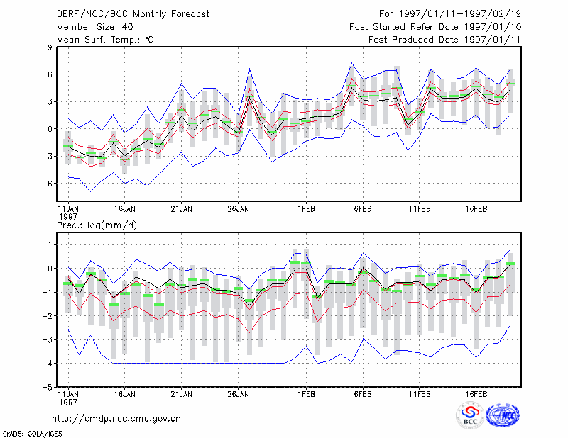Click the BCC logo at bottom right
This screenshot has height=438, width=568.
click(470, 416)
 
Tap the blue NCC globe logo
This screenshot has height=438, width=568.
click(503, 415)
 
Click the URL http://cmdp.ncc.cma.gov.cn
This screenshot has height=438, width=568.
click(116, 419)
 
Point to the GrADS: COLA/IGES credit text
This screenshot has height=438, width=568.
click(32, 433)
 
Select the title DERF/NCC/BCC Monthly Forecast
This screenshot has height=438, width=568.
click(133, 14)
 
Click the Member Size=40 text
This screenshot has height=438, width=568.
click(95, 27)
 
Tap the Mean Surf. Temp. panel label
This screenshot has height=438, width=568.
click(105, 40)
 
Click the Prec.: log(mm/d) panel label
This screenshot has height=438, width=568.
click(97, 225)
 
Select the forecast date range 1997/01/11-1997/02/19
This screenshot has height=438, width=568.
click(450, 14)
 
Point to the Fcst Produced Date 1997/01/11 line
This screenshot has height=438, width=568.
click(444, 40)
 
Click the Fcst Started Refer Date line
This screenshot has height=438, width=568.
click(435, 27)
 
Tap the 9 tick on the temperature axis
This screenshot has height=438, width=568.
click(50, 47)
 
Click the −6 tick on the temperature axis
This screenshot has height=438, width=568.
click(48, 184)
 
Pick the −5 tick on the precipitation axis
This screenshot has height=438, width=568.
click(48, 387)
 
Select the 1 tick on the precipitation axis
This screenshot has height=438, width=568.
click(50, 245)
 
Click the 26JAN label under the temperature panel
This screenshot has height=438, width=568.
click(238, 209)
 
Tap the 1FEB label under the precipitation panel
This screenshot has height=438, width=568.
click(306, 394)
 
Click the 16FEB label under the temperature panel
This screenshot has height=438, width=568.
click(476, 209)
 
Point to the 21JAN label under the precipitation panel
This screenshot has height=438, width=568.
click(182, 394)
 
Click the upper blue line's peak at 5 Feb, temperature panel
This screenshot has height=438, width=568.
click(351, 63)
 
